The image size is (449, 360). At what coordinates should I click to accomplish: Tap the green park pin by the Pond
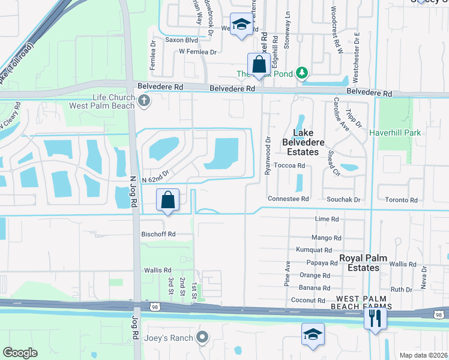[x=303, y=73]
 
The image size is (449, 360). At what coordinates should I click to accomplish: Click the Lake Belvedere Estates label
[x=309, y=142]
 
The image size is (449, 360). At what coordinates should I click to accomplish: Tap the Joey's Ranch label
[x=169, y=338]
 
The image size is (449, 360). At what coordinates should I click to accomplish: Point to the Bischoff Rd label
[x=158, y=234]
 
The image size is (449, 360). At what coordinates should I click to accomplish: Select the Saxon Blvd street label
[x=182, y=40]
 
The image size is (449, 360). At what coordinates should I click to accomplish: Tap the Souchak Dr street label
[x=343, y=199]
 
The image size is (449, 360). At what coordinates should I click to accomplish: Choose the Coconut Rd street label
[x=307, y=301]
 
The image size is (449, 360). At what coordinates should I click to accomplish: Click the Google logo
[x=20, y=353]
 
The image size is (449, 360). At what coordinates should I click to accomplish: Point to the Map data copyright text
[x=424, y=355]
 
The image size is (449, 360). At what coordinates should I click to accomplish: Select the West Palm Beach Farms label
[x=363, y=302]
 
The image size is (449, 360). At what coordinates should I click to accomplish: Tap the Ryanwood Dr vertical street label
[x=268, y=155]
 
